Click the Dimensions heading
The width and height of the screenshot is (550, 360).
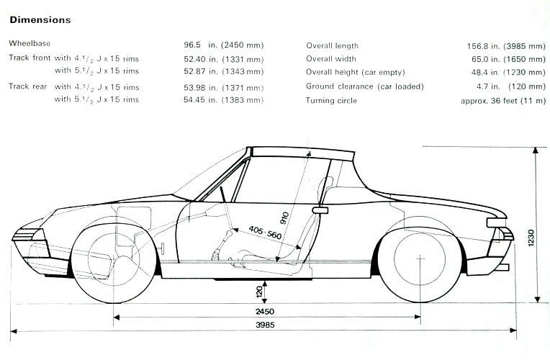[40, 20]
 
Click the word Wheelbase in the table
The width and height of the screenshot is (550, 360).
[30, 43]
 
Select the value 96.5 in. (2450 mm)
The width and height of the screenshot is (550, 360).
[223, 45]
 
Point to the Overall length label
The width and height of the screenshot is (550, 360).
[332, 45]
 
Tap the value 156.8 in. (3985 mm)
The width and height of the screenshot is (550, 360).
[506, 46]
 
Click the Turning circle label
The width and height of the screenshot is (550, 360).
[331, 101]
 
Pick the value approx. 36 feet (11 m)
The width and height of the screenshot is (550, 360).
[503, 101]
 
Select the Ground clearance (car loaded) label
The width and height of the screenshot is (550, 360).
[365, 86]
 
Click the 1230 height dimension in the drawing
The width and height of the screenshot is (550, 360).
[531, 238]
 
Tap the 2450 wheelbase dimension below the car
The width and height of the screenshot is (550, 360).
[265, 311]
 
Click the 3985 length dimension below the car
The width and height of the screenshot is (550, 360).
[265, 325]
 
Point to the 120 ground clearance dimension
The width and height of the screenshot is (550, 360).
[259, 291]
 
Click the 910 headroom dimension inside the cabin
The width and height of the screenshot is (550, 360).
[284, 218]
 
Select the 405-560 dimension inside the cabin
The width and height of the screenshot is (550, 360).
[265, 233]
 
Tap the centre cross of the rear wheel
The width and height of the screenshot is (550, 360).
[420, 258]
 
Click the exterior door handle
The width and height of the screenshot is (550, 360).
[320, 210]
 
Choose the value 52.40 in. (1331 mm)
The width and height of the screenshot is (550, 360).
[223, 59]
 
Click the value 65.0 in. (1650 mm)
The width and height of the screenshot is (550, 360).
[509, 59]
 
